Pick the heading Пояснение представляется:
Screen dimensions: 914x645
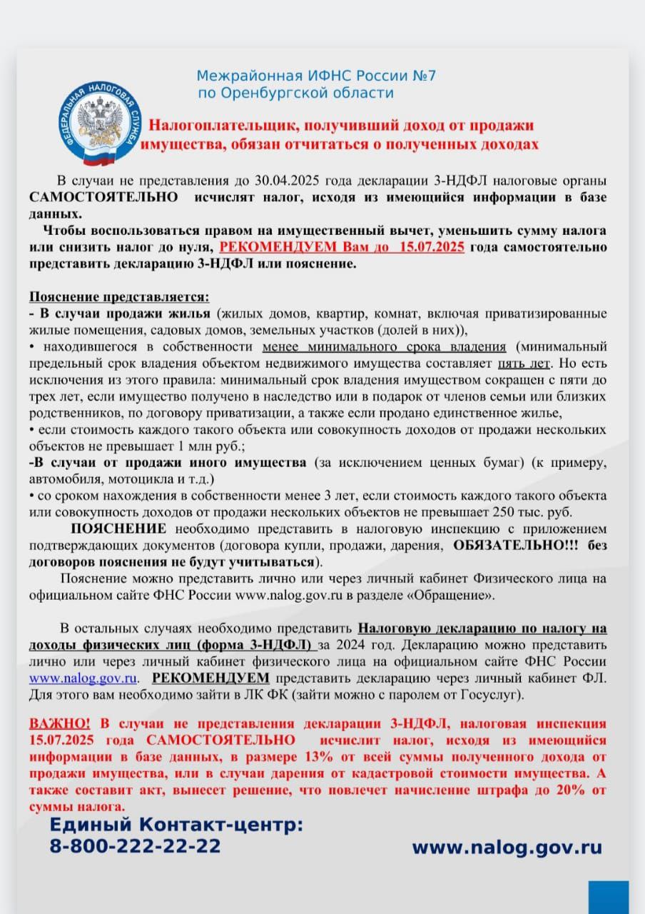point(119,296)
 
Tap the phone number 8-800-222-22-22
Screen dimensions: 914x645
point(135,846)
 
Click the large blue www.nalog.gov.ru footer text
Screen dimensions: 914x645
point(507,848)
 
